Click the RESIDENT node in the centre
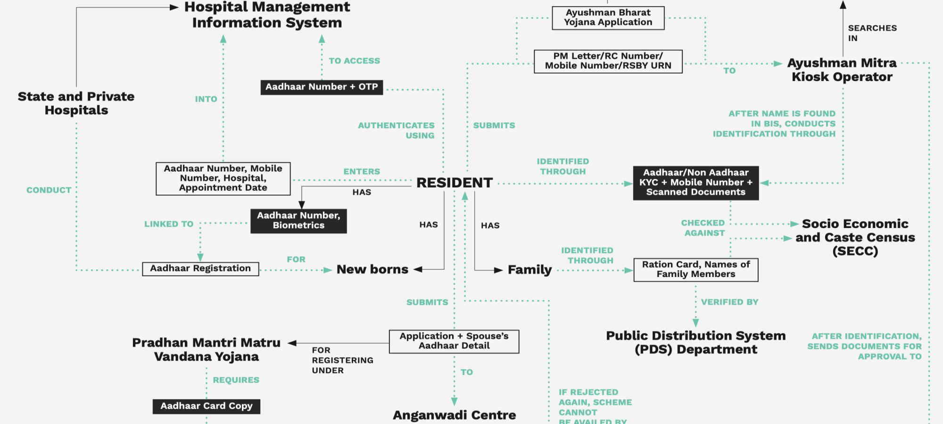[454, 183]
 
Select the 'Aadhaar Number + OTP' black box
[322, 87]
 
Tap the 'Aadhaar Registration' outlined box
[200, 269]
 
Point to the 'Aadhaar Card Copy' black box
[207, 406]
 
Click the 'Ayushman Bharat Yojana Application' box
[608, 18]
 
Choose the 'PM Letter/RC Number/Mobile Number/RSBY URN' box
[608, 61]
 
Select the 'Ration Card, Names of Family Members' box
[696, 269]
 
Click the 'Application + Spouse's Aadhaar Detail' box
[454, 341]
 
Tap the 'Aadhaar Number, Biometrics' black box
[298, 220]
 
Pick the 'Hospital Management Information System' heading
[267, 15]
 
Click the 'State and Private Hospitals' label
[76, 103]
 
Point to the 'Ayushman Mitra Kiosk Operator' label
[842, 70]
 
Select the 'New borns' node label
[372, 269]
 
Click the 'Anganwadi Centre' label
[454, 415]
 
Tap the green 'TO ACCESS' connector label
[354, 61]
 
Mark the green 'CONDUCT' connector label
[49, 190]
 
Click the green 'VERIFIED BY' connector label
[729, 302]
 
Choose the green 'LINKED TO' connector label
[169, 224]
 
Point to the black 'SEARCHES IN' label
[872, 33]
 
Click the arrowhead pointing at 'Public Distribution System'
[695, 323]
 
